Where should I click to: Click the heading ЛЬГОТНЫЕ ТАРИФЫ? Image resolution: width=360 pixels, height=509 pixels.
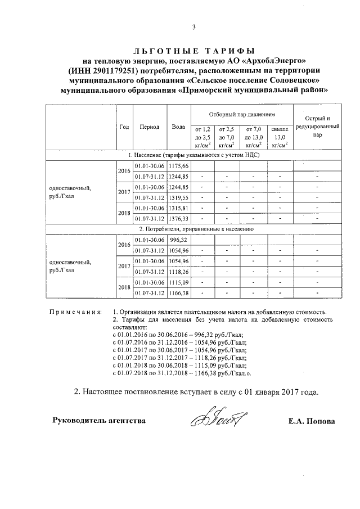click(x=193, y=51)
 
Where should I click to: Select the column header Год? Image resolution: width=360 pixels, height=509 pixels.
click(x=124, y=127)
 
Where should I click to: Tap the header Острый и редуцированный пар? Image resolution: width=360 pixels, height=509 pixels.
click(x=318, y=127)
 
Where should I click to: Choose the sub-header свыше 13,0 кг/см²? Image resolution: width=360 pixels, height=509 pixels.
click(x=280, y=137)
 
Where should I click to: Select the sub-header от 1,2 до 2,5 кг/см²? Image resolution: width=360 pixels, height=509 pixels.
click(x=202, y=137)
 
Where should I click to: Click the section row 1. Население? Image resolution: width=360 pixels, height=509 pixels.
click(x=193, y=155)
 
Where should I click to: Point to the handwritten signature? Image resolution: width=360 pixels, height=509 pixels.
click(x=220, y=418)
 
